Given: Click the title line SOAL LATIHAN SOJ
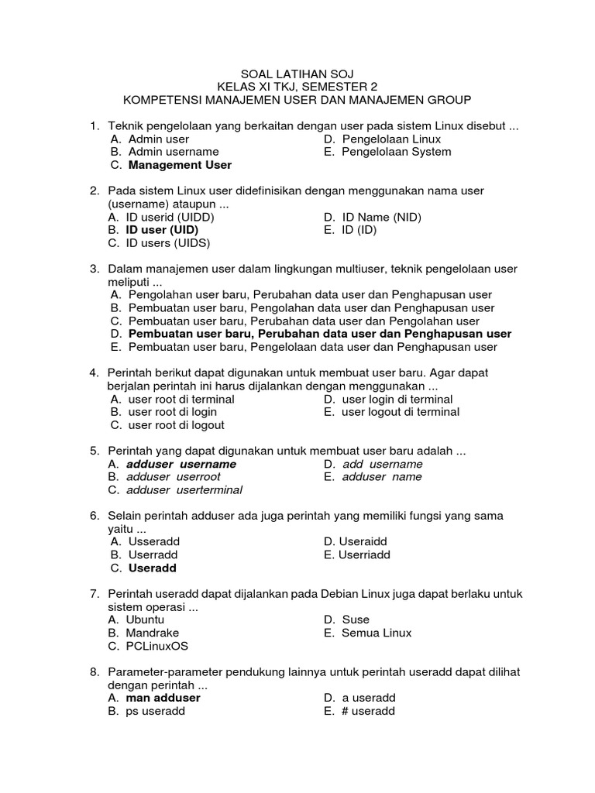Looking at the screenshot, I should click(x=297, y=74).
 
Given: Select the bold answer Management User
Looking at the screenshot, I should click(x=180, y=165).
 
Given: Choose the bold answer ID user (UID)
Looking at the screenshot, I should click(x=162, y=230).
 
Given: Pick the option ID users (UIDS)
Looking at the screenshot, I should click(x=168, y=243).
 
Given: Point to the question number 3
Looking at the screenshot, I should click(x=94, y=269).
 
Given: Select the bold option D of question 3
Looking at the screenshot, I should click(x=319, y=334).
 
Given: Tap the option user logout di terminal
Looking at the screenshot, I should click(x=401, y=412).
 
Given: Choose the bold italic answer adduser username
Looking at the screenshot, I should click(x=181, y=464).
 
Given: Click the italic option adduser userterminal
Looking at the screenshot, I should click(x=184, y=490).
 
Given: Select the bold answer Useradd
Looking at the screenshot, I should click(x=153, y=568).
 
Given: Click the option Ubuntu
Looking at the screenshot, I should click(x=146, y=620).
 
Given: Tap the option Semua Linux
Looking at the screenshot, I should click(x=377, y=633).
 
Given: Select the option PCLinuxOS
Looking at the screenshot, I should click(x=158, y=646).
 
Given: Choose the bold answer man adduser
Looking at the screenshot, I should click(x=163, y=698).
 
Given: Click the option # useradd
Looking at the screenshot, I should click(x=368, y=711).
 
